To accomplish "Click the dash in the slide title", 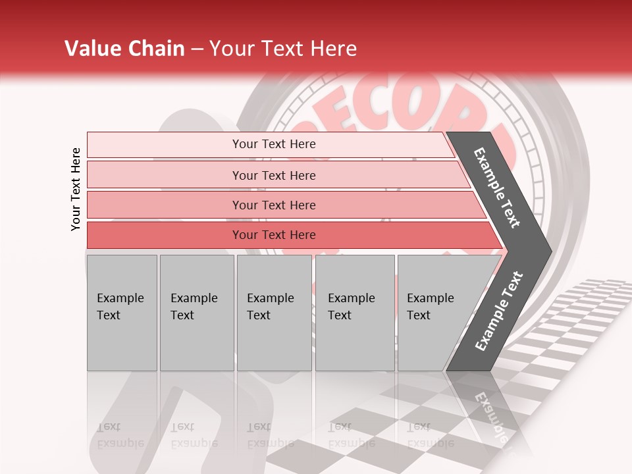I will pyautogui.click(x=197, y=49).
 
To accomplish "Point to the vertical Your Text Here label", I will pyautogui.click(x=76, y=189).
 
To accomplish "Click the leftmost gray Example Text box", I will pyautogui.click(x=122, y=313).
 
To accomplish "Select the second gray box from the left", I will pyautogui.click(x=196, y=313).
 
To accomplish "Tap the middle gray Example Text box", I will pyautogui.click(x=274, y=313).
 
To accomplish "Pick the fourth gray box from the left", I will pyautogui.click(x=354, y=313).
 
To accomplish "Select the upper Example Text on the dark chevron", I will pyautogui.click(x=497, y=188).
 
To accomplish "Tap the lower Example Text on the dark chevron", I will pyautogui.click(x=498, y=311).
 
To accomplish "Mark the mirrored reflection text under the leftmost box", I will pyautogui.click(x=121, y=435).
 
